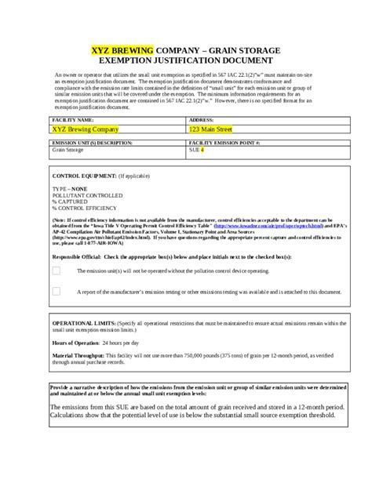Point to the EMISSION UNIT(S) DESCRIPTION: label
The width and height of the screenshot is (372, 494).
click(87, 143)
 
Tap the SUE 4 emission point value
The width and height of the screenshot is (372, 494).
click(196, 151)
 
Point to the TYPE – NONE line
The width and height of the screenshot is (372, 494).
click(70, 190)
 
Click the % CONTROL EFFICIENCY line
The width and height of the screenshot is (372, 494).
click(86, 209)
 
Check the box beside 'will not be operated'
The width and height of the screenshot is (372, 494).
click(57, 270)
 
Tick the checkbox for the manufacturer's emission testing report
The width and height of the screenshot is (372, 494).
click(57, 291)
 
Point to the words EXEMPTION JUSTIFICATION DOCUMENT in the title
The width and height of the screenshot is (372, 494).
click(185, 59)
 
